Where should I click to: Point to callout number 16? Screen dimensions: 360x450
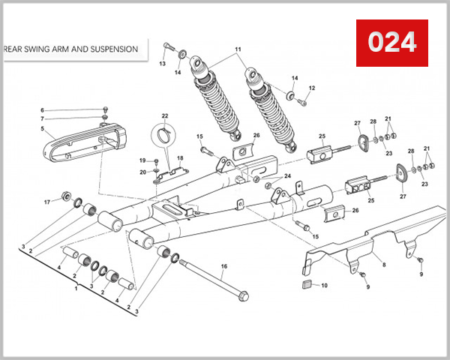[223, 266]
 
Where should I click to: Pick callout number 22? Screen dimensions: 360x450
[165, 115]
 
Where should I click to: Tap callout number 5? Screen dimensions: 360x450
[43, 128]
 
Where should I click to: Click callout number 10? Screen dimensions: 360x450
[324, 286]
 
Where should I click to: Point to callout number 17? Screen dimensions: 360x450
[46, 202]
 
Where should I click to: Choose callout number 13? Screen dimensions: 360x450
[161, 64]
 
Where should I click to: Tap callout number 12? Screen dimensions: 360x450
[312, 88]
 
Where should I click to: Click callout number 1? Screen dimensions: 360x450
[74, 288]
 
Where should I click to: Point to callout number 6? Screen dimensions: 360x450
[43, 110]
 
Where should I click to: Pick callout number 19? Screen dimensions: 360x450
[142, 160]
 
